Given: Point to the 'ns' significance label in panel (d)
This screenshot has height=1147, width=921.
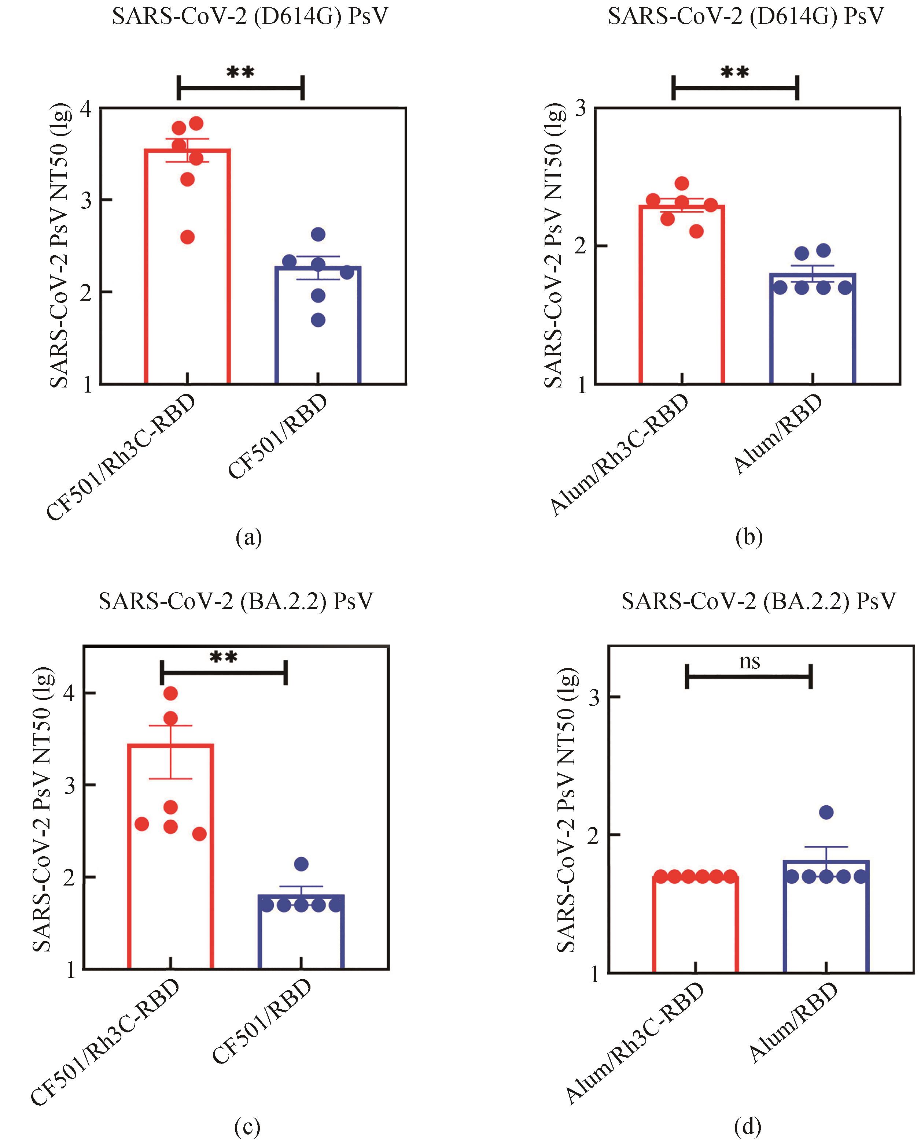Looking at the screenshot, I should pos(749,662).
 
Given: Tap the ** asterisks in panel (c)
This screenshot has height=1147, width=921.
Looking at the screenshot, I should pos(224,658).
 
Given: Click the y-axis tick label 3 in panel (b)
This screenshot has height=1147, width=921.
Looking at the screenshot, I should pos(581,108).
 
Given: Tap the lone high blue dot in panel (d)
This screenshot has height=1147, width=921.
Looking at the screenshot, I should pos(826,812).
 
